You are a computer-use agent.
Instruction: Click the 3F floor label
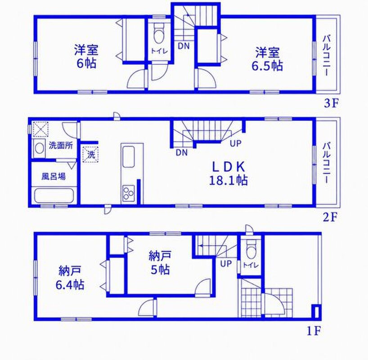(x=332, y=103)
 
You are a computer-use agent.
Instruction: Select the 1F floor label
(x=314, y=331)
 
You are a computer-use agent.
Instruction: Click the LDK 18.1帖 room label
(x=228, y=174)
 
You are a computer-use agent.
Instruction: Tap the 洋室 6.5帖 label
(x=267, y=59)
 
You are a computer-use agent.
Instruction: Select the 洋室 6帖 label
(x=86, y=56)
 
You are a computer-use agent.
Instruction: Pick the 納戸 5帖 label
(x=160, y=263)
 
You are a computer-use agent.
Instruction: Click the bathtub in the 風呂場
(x=54, y=195)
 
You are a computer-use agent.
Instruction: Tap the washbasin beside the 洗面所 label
(x=39, y=148)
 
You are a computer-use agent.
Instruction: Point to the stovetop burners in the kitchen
(x=128, y=192)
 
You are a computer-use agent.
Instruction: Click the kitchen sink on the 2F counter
(x=128, y=157)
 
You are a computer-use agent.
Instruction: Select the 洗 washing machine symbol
(x=90, y=154)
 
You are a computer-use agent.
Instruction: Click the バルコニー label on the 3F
(x=327, y=56)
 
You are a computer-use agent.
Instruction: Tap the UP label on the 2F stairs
(x=235, y=144)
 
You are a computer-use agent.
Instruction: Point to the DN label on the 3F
(x=184, y=46)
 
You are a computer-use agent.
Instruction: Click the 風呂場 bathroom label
(x=54, y=176)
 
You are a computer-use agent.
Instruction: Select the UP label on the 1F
(x=226, y=264)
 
